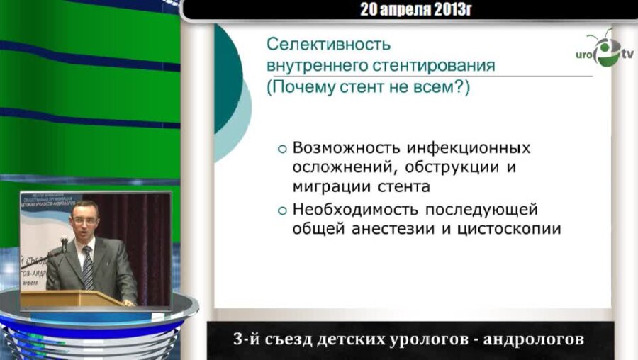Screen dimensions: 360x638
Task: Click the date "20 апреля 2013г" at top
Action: point(416,9)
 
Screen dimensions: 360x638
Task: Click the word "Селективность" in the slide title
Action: point(328,45)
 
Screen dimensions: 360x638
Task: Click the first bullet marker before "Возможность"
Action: point(282,150)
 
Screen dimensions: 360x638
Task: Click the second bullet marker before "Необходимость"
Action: point(282,210)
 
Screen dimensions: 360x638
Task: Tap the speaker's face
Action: point(85,222)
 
